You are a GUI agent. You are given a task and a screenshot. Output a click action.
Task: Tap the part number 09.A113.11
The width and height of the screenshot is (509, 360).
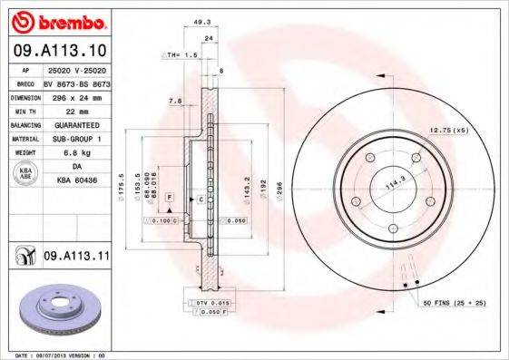click(x=76, y=258)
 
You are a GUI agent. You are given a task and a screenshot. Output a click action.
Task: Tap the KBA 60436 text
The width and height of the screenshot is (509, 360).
click(x=76, y=181)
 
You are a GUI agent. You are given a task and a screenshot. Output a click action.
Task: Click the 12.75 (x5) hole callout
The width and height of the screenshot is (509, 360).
click(x=448, y=131)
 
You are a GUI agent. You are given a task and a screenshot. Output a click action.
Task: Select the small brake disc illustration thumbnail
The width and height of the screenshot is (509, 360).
click(x=55, y=307)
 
